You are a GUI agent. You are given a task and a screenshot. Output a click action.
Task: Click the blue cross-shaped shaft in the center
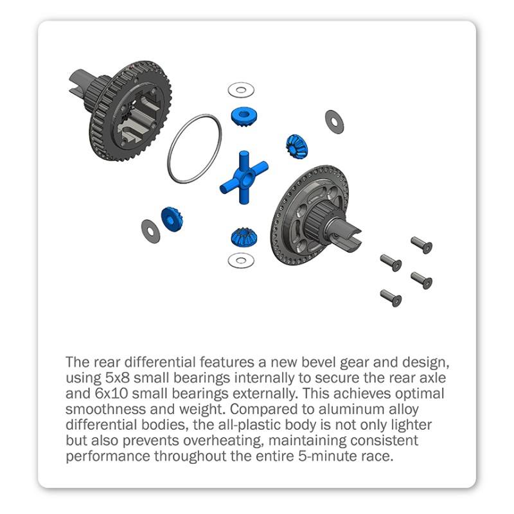244,178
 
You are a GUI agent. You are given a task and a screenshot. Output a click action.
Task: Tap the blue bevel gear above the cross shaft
244,117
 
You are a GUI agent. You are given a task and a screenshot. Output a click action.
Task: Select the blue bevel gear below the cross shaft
244,237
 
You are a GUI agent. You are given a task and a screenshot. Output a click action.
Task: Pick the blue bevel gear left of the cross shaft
172,219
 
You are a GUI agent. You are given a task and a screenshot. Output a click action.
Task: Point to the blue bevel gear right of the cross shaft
297,146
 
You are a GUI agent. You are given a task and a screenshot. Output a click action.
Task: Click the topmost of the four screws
421,245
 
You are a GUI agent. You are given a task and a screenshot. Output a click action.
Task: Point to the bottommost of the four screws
391,297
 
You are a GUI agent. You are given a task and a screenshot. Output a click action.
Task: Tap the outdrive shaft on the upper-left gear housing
80,83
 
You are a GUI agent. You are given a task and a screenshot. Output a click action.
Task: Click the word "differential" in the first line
160,362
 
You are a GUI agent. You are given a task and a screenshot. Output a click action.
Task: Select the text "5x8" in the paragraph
118,378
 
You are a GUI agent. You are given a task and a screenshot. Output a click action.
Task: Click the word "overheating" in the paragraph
224,441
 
